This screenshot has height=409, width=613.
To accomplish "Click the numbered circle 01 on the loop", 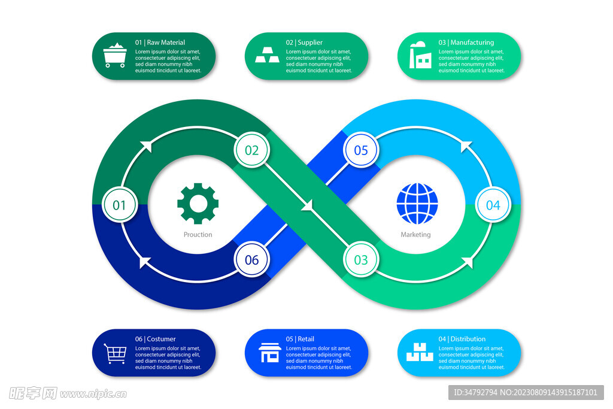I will coord(120,205).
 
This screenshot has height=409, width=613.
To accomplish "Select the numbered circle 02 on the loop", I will coord(251,150).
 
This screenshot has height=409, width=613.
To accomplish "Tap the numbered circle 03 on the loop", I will coord(361,260).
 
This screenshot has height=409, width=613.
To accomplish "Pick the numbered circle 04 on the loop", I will coord(493,205).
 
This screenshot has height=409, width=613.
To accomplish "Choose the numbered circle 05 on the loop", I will coord(361,150).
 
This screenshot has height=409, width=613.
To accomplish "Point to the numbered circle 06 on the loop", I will coord(251,260).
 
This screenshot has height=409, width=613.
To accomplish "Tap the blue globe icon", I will coord(417,204).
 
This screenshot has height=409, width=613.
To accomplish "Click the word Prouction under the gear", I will coord(198,235).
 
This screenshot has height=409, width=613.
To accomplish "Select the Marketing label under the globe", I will coord(415,235).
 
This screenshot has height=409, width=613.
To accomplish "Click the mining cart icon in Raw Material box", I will coord(115,55).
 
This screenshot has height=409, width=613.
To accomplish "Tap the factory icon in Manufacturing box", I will coord(420,55).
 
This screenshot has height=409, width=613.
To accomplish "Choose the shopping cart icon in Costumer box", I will coord(116,353).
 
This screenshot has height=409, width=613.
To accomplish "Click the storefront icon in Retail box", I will coord(269,352).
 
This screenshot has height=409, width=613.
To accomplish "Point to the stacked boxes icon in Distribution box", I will coord(420,352).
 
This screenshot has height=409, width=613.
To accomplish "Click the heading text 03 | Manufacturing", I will coord(466,43).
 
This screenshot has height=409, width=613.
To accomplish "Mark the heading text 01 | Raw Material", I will coord(160,43).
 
